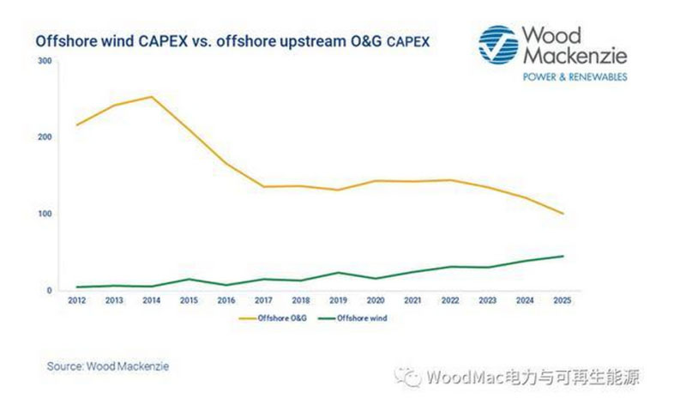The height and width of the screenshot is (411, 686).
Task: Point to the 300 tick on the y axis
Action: click(45, 61)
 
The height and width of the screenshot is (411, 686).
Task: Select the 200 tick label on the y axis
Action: click(45, 137)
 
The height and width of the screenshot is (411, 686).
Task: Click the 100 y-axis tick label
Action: click(45, 214)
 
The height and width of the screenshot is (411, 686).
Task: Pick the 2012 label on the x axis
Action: click(76, 301)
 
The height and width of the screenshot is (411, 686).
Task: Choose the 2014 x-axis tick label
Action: click(152, 301)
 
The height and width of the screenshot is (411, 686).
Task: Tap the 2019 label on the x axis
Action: click(340, 301)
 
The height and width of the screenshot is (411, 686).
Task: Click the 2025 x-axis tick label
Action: click(563, 301)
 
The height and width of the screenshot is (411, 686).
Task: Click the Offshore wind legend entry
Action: click(349, 318)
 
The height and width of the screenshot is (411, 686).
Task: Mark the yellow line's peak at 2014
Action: click(152, 96)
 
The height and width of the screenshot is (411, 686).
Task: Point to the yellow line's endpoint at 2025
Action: click(563, 214)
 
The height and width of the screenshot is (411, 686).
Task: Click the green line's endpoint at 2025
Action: click(563, 256)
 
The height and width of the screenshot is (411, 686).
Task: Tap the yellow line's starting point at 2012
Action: click(77, 125)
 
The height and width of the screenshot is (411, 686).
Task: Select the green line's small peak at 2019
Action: click(340, 273)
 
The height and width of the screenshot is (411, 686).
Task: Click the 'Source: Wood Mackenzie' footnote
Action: click(108, 366)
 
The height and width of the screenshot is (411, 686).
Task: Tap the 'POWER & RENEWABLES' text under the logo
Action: click(575, 76)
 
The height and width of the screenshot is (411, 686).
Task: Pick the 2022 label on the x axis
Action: click(451, 301)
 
